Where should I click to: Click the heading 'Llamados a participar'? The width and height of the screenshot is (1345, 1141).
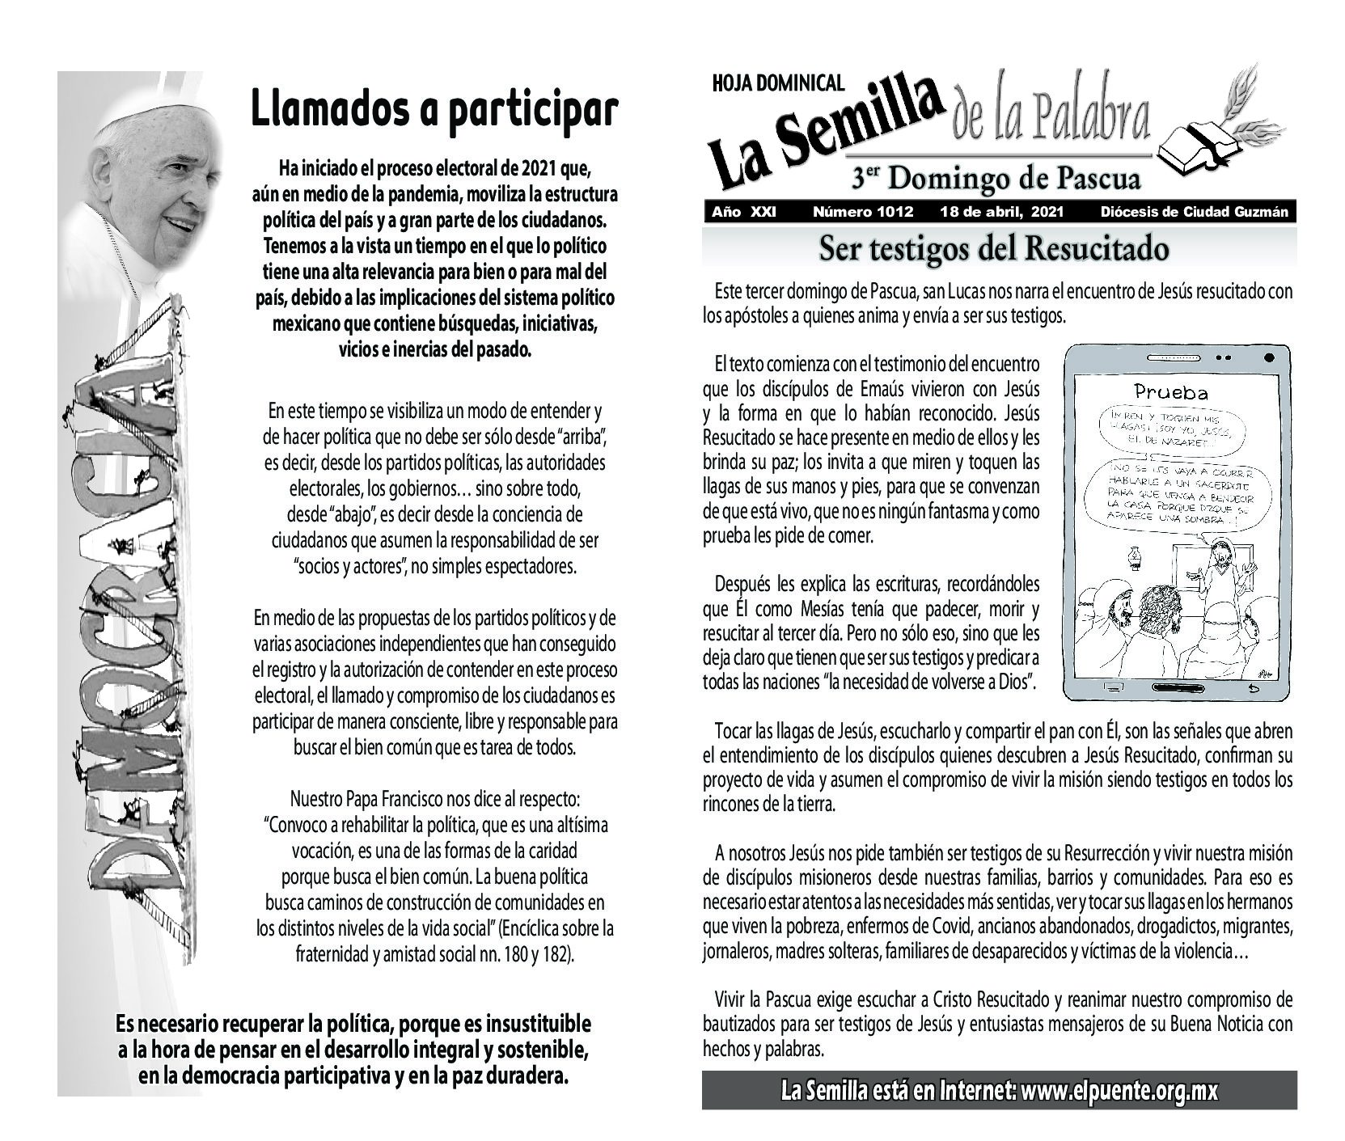pos(434,109)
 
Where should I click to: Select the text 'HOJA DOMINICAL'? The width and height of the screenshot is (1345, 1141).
pos(778,82)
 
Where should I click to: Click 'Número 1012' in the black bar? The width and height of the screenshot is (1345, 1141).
pos(862,212)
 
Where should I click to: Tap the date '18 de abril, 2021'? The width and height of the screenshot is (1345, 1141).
pos(1001,212)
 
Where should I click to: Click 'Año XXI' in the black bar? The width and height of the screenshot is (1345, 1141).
pos(744,212)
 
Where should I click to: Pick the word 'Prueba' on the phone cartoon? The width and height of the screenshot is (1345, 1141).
pos(1170,393)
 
